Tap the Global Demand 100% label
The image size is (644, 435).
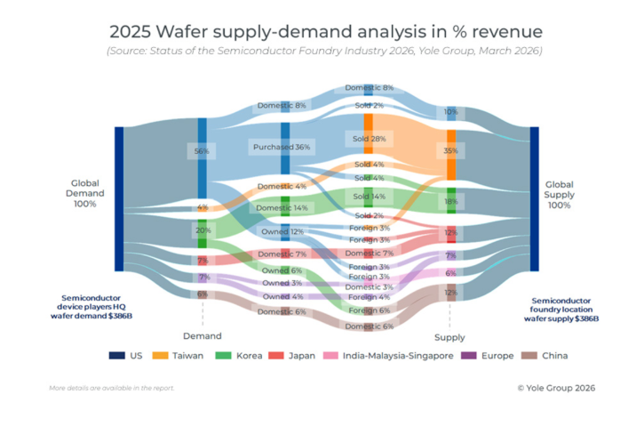coord(86,193)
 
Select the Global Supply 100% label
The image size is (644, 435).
coord(559,193)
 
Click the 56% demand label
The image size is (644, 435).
coord(203,151)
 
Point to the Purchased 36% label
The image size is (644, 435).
coord(282,147)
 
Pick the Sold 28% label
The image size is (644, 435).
coord(369,140)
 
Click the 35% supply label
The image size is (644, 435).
coord(451,151)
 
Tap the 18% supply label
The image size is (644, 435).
coord(451,202)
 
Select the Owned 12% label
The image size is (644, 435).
coord(282,231)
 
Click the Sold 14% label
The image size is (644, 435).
coord(369,196)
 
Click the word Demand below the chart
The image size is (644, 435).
coord(202,336)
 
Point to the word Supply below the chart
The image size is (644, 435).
coord(449,337)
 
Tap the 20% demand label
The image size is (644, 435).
coord(203,230)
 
